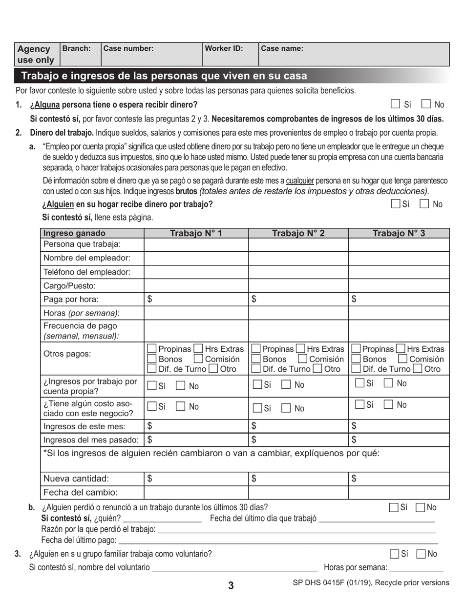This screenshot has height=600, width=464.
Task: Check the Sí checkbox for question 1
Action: coord(396,104)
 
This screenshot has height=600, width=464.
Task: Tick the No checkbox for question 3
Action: coord(421,554)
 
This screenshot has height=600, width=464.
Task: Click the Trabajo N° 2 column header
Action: coord(298,233)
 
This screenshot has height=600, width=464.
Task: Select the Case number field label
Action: coord(128,49)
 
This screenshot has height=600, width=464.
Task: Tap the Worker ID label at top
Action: coord(224,49)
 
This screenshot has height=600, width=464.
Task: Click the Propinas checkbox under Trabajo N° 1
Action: coord(152,349)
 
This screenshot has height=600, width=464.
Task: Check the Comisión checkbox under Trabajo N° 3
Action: coord(403,359)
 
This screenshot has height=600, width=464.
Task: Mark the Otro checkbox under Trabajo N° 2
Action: coord(317,369)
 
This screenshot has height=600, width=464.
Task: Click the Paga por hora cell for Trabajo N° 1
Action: coord(196,299)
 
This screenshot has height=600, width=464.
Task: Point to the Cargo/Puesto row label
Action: coord(69,286)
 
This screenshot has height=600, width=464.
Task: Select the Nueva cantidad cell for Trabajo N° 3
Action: coord(399,479)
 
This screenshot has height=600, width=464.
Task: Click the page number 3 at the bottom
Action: coord(231,586)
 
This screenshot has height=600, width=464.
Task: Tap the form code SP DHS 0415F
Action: coord(371,582)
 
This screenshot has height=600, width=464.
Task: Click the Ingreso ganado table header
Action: coord(74,233)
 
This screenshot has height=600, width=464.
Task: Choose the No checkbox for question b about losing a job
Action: coord(420,507)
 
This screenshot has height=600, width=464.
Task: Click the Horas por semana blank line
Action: coord(416,567)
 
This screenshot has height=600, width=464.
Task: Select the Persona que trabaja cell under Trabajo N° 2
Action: coord(298,244)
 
